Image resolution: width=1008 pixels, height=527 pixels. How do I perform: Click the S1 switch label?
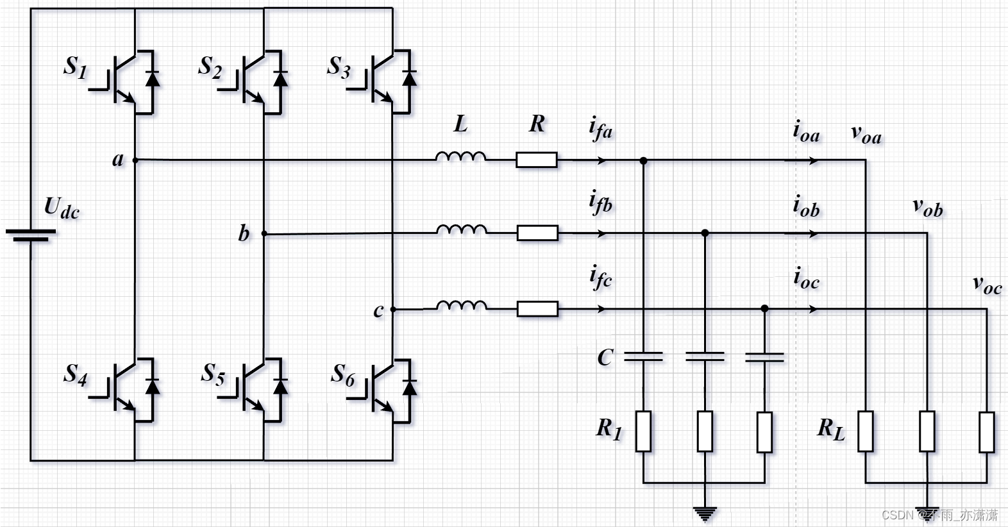[x=76, y=67]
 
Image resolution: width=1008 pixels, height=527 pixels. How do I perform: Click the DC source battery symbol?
[x=30, y=235]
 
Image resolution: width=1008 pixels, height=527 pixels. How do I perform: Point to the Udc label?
[x=61, y=207]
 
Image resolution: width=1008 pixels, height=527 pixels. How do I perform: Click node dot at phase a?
[x=135, y=160]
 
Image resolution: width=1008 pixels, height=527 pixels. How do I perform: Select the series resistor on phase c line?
[x=537, y=309]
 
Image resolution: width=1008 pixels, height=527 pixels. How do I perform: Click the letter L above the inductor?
[x=460, y=124]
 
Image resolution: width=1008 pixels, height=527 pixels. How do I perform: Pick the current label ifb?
[x=600, y=203]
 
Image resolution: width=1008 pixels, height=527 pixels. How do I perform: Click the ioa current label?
[x=806, y=131]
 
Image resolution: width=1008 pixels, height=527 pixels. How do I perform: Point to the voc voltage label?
[x=986, y=284]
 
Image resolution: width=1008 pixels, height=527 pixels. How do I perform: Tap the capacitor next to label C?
[x=643, y=356]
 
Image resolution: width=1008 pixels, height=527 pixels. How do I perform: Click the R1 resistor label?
[x=609, y=428]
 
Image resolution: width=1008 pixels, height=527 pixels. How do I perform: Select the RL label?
[x=830, y=429]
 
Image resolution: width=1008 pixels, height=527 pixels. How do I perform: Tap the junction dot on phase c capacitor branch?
[x=764, y=309]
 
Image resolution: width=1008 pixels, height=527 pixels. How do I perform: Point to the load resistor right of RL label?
[x=866, y=431]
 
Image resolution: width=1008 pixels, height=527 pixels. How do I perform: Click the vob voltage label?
[x=927, y=208]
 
